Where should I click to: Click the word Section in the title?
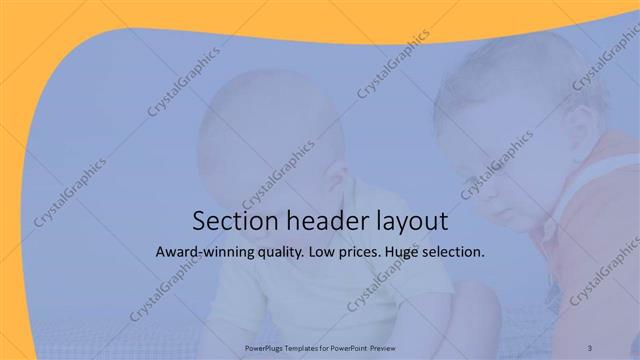pyautogui.click(x=228, y=220)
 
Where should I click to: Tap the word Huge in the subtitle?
pyautogui.click(x=415, y=253)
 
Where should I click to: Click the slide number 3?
pyautogui.click(x=604, y=348)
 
